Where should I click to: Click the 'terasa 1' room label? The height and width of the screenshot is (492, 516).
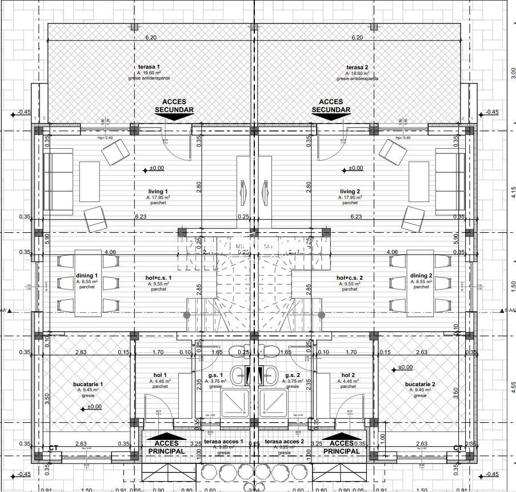point(149,68)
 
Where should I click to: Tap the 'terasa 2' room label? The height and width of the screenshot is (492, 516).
point(357,68)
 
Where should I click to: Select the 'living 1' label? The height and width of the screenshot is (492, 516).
point(158,192)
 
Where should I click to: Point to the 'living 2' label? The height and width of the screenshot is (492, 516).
point(350,192)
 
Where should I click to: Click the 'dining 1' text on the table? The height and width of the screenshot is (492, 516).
point(88,276)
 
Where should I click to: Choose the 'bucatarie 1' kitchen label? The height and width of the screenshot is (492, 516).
point(88,384)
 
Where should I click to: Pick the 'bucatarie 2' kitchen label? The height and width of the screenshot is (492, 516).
point(420,384)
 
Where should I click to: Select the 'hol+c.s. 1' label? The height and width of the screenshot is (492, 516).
point(158,278)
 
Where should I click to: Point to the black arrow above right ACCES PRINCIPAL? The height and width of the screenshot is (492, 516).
point(342,437)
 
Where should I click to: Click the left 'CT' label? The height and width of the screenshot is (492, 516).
point(54,448)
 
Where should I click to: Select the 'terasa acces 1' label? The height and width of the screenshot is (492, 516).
point(223,442)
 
